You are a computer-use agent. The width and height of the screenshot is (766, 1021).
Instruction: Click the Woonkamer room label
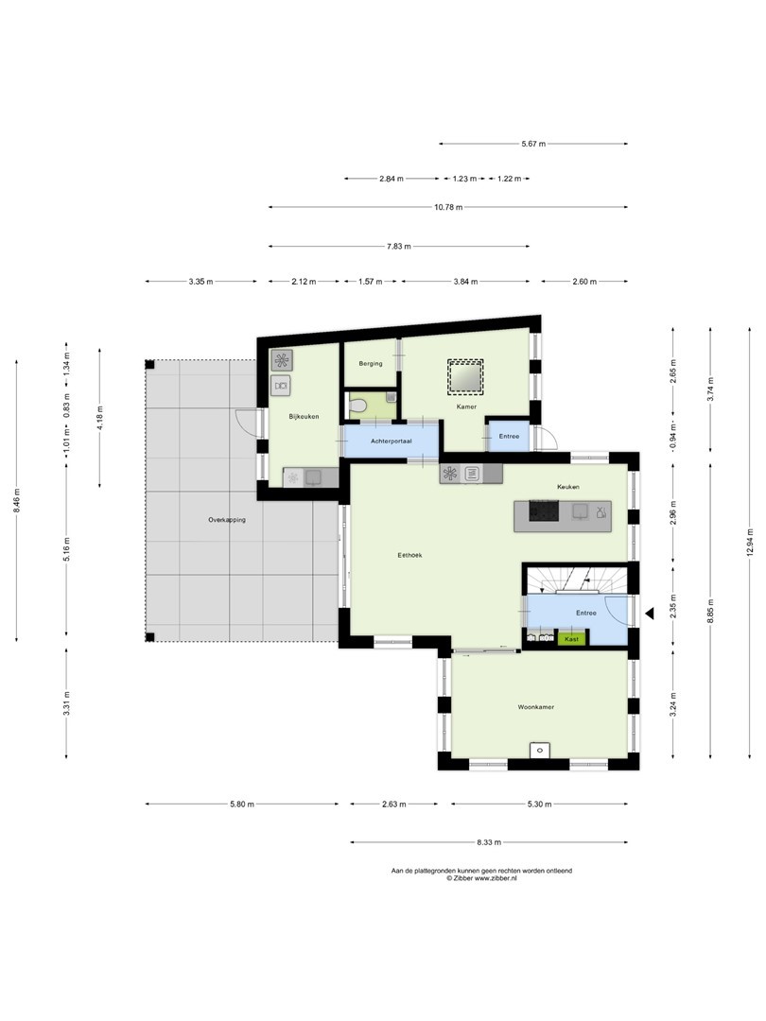[535, 706]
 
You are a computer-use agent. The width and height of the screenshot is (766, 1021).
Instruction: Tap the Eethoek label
[409, 555]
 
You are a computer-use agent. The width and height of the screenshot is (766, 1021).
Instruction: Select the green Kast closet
[571, 639]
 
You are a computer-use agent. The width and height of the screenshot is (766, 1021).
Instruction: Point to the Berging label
[371, 363]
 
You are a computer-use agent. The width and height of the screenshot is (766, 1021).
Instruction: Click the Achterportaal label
[391, 441]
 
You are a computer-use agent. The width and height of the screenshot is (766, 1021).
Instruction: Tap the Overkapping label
[227, 520]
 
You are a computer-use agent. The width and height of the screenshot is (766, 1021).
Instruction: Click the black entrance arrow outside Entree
[649, 613]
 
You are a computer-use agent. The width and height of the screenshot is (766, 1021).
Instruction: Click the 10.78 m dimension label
[448, 207]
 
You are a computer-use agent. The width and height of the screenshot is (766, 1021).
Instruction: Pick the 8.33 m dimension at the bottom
[489, 842]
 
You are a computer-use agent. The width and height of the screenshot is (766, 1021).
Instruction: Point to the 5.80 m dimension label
[242, 805]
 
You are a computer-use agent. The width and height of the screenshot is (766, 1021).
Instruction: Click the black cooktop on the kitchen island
[543, 510]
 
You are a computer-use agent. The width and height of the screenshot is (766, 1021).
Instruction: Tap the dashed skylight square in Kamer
[465, 376]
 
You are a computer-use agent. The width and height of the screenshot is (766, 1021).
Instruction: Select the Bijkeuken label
[304, 416]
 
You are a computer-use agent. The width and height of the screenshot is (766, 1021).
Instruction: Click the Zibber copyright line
[481, 877]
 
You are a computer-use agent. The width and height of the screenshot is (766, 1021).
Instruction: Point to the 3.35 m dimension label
[200, 282]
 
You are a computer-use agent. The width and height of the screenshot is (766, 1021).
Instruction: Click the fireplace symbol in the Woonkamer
[539, 750]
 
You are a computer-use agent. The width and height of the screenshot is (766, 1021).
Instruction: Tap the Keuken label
[568, 487]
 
